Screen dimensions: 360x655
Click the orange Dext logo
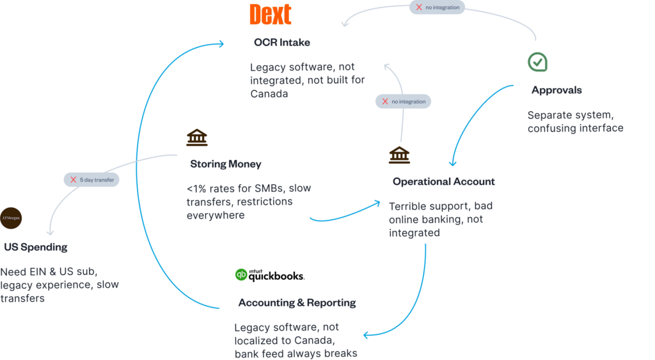point(270,14)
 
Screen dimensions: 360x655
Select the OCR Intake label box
point(282,43)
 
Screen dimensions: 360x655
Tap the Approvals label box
point(556,90)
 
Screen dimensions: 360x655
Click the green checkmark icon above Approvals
point(537,62)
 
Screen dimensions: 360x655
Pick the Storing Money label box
point(226,164)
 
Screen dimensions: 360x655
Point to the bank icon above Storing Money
point(197,137)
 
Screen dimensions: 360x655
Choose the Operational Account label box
point(444,182)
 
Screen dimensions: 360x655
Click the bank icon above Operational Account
point(399,155)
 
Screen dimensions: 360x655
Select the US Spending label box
point(35,247)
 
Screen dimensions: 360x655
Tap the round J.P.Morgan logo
point(11,218)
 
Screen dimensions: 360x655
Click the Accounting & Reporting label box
point(297,302)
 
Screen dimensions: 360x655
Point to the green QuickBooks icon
point(241,275)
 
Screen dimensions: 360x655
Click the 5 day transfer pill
point(91,180)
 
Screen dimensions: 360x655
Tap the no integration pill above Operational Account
point(402,101)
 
